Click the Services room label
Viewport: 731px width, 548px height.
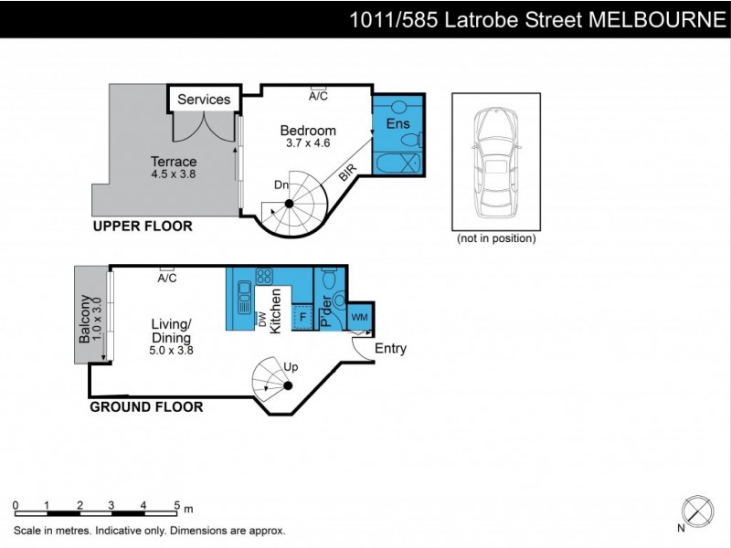[x=204, y=100]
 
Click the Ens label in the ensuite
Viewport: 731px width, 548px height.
[x=398, y=123]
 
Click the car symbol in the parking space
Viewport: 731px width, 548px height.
[x=493, y=161]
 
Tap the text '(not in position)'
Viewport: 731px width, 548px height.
[x=496, y=239]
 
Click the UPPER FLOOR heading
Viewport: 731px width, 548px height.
[x=142, y=227]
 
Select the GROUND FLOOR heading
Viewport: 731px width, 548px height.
[x=146, y=406]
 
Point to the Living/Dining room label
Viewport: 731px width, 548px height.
[x=172, y=331]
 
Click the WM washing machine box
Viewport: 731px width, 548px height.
[x=360, y=316]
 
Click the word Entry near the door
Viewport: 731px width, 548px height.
[x=390, y=348]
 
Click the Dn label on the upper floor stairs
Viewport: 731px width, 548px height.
[x=281, y=185]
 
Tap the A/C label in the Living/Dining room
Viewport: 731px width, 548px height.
[x=166, y=279]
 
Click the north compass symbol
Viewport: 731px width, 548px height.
[x=698, y=510]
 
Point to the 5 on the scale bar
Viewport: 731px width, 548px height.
[x=175, y=505]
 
